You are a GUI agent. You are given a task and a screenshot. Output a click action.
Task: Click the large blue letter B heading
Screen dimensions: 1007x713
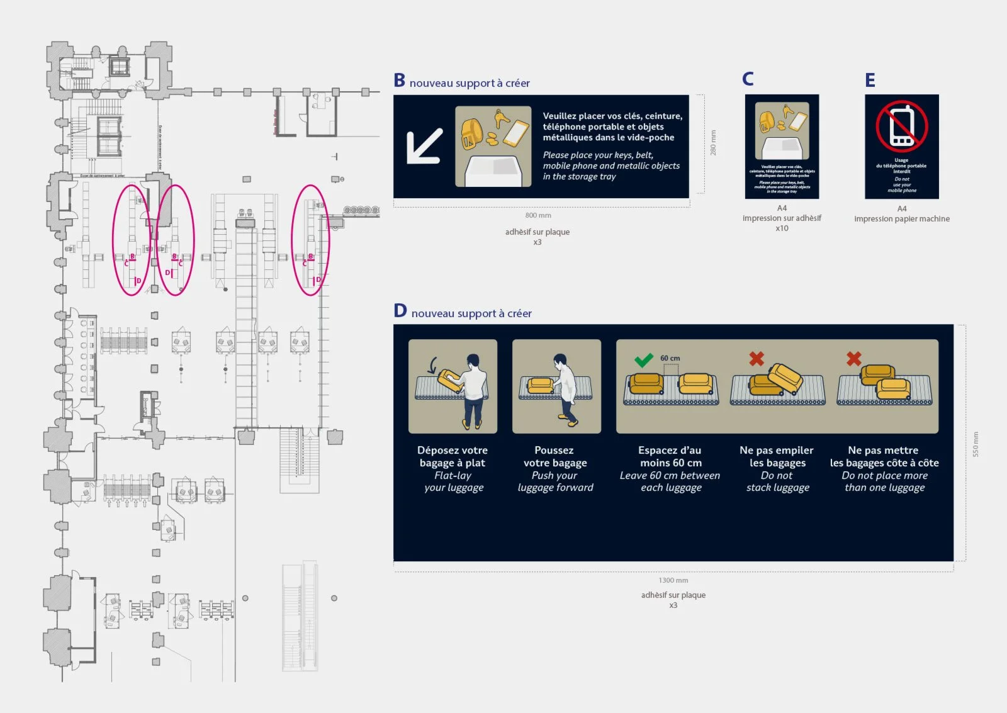(x=399, y=81)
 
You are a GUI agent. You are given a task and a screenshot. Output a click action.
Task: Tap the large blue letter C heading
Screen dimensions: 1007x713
(x=748, y=79)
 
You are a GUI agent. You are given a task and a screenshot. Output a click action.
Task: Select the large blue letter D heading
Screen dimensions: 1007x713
(x=400, y=311)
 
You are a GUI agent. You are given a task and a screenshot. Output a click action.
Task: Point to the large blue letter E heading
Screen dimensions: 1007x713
(x=870, y=81)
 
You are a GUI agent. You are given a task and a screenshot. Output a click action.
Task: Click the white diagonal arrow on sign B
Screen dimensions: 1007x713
(x=424, y=147)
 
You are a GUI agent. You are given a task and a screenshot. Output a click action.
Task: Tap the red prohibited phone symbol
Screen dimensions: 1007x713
(x=901, y=126)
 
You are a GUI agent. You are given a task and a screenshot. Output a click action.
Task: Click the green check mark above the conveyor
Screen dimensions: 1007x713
(x=643, y=360)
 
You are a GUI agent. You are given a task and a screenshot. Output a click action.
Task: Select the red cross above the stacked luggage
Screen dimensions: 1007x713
(x=757, y=359)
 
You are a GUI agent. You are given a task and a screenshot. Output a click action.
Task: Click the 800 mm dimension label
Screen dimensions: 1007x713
(x=538, y=215)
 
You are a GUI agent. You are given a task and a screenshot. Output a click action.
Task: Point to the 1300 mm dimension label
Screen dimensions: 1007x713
(x=673, y=580)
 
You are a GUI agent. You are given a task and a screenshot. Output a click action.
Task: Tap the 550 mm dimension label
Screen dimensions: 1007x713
(x=976, y=444)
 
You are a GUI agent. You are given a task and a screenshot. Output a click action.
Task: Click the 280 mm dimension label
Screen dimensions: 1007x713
(x=713, y=143)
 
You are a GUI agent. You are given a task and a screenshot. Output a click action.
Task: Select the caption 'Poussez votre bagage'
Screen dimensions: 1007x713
(x=554, y=456)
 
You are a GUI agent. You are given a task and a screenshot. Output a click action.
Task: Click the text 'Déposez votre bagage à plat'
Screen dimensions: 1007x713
(x=452, y=456)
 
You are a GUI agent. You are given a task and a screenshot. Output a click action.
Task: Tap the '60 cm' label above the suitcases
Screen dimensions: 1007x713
(x=670, y=358)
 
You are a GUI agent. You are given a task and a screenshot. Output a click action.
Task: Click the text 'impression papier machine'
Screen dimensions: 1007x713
(x=901, y=219)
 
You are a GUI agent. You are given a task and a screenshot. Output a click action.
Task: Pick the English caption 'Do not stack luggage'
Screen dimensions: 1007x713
(x=777, y=481)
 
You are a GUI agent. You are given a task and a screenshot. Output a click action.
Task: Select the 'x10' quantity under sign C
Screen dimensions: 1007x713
(x=782, y=228)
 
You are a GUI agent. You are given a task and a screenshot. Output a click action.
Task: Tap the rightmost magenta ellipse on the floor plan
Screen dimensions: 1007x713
(x=310, y=240)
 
